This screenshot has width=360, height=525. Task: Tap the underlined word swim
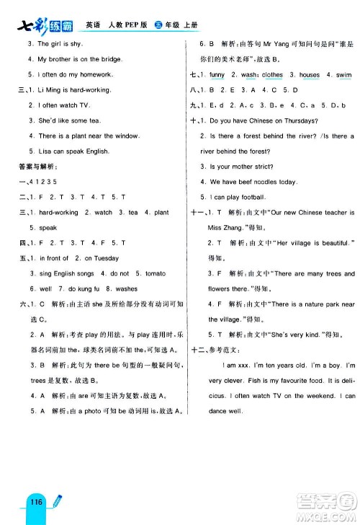pyautogui.click(x=344, y=74)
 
